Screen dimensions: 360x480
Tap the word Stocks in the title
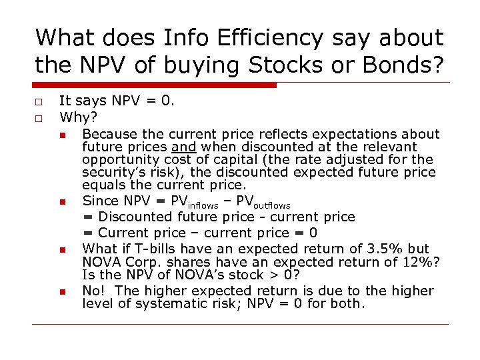294,65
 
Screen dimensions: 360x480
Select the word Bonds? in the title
403,65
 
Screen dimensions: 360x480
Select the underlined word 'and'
182,147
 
